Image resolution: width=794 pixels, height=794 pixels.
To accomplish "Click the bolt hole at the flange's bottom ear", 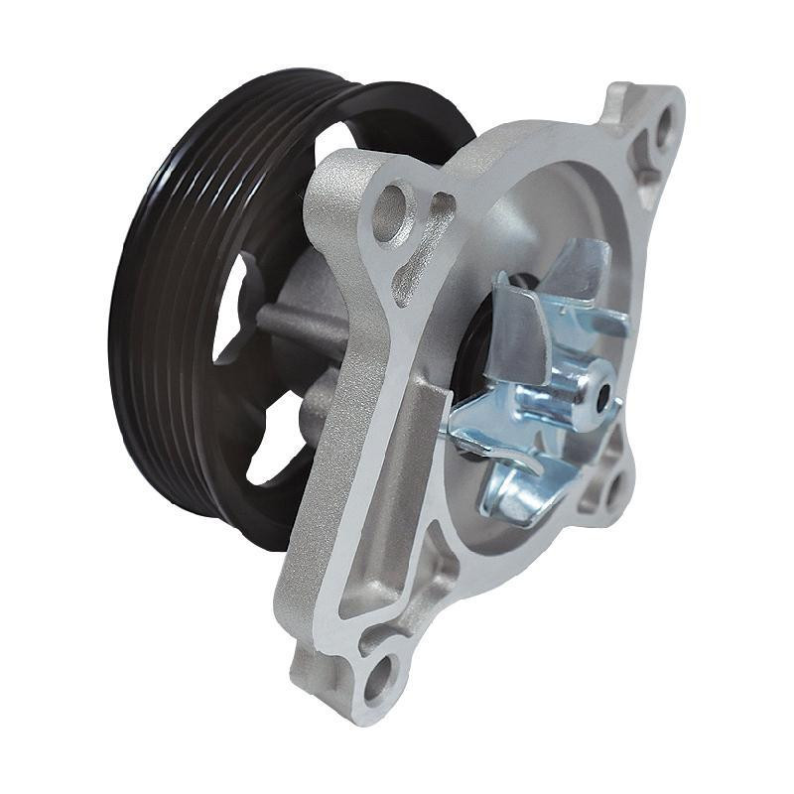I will pos(378,680).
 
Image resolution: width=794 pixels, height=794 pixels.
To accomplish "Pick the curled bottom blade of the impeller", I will pos(516,491).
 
